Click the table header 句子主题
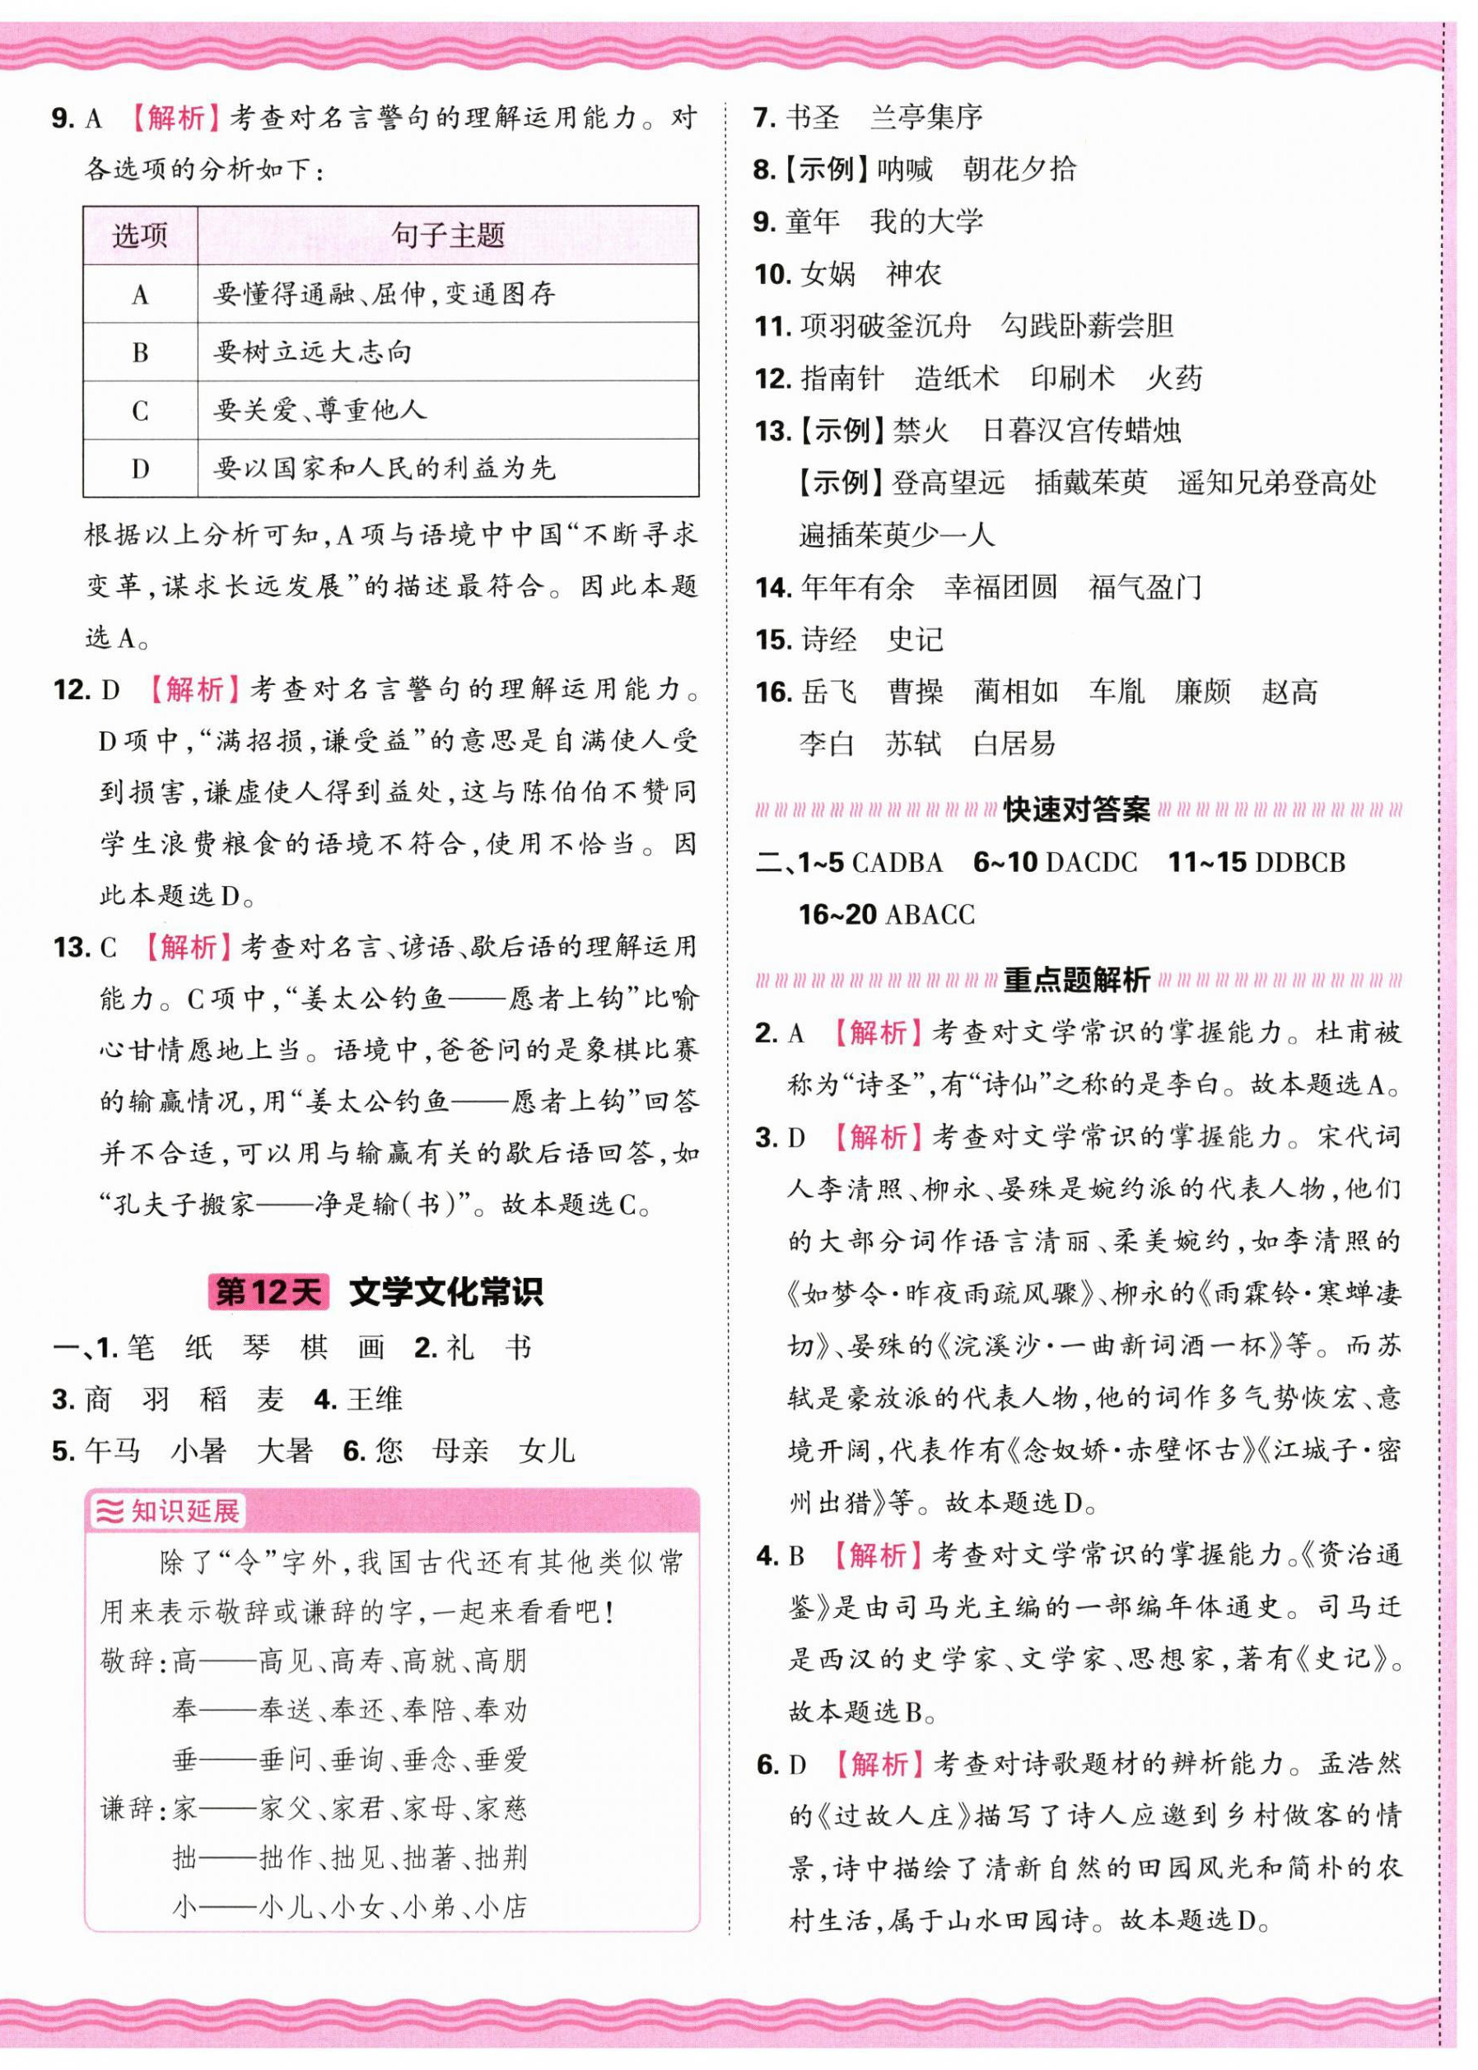(x=448, y=235)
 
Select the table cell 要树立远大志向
(x=312, y=352)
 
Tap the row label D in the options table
(x=140, y=469)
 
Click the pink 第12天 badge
(x=268, y=1292)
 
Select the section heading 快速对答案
(x=1077, y=809)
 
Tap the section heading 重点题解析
(x=1077, y=980)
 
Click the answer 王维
(x=374, y=1398)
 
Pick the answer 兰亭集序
(x=925, y=116)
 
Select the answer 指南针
(x=842, y=378)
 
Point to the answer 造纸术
(x=957, y=378)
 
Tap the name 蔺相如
(x=1016, y=692)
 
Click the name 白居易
(x=1014, y=744)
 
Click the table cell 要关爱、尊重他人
(x=319, y=410)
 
